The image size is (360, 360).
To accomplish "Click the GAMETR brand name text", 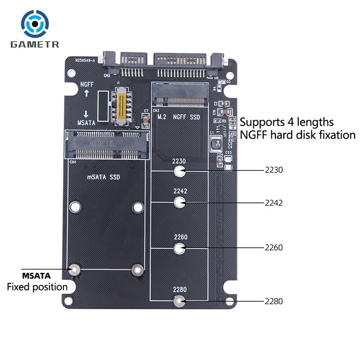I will (x=36, y=45).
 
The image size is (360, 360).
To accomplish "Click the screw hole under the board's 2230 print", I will (x=180, y=171).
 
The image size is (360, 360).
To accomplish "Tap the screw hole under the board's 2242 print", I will (x=180, y=203).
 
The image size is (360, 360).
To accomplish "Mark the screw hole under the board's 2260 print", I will (x=180, y=247).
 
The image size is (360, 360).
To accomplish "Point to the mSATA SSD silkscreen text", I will (x=103, y=177).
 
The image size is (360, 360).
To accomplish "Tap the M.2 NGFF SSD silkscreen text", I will (x=178, y=117).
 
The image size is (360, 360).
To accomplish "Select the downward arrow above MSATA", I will (x=85, y=113).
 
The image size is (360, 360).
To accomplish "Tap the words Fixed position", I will (x=37, y=287).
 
